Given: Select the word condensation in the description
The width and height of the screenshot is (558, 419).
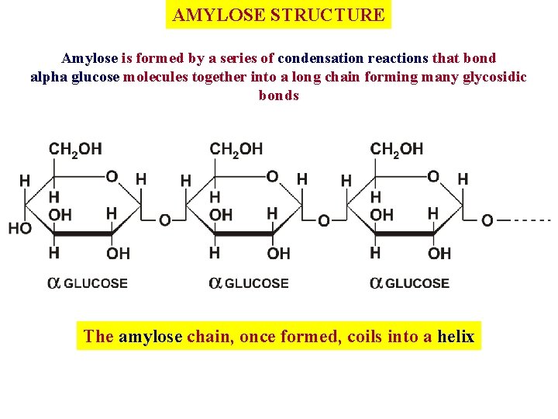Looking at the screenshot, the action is (x=325, y=58).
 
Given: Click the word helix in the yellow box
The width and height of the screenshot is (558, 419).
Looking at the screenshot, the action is (x=456, y=336).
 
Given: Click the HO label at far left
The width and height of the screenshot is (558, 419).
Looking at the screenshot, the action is (x=20, y=228).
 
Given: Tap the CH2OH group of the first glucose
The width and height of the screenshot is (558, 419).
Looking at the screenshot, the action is (x=75, y=148).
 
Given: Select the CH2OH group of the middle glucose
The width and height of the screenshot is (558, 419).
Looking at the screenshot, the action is (x=236, y=148).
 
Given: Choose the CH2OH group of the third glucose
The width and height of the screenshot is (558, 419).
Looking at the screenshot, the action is (x=397, y=148).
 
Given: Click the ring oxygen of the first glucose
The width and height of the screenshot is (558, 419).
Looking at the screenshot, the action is (x=112, y=177).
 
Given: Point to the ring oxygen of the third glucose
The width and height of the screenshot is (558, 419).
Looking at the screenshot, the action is (x=433, y=177).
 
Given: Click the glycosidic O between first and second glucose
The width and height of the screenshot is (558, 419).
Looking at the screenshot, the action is (x=164, y=221).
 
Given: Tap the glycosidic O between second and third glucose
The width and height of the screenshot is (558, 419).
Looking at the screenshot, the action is (x=324, y=221).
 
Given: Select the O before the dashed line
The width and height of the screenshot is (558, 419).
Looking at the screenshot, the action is (x=487, y=221).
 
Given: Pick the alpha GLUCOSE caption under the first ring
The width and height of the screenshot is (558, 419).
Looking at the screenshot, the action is (x=88, y=283).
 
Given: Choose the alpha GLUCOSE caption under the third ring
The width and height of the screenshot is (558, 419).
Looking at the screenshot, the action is (x=409, y=283).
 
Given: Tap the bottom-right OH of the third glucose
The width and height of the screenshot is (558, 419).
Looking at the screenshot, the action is (x=439, y=253).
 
